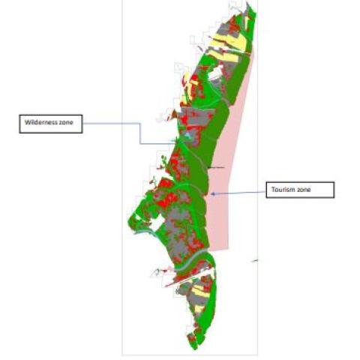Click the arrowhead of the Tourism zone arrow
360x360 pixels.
[x=213, y=194]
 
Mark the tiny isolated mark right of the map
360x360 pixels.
[x=256, y=261]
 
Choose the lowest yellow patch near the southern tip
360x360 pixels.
[x=198, y=307]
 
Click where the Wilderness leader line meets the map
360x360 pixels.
[x=175, y=143]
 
